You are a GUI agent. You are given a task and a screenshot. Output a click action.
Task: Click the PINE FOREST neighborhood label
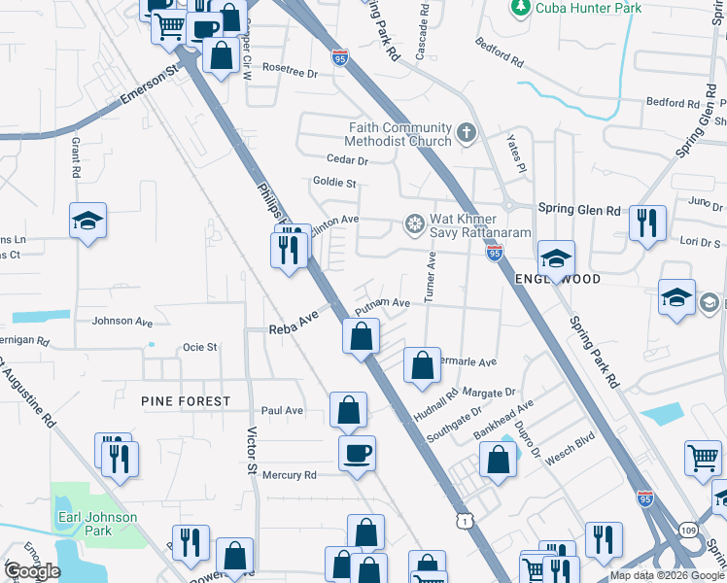coord(186,400)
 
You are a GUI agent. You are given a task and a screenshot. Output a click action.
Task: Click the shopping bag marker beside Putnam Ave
coord(361,337)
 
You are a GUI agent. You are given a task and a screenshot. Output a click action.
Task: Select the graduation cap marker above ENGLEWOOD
coord(557,258)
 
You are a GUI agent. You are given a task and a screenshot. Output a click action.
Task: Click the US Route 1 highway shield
coord(467,523)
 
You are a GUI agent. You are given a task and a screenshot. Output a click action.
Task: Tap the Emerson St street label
coord(152,86)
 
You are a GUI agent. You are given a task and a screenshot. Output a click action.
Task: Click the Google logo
coord(31,571)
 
